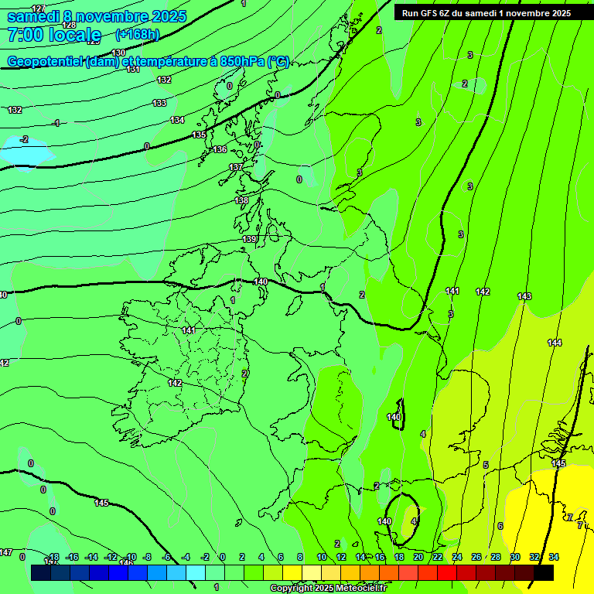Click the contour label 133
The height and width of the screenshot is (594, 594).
click(x=159, y=103)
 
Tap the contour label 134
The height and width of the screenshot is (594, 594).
click(x=178, y=120)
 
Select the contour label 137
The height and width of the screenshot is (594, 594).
click(x=236, y=167)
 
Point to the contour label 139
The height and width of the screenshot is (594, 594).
click(x=249, y=240)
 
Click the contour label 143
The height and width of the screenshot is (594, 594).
click(x=524, y=296)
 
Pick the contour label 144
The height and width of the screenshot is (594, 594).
click(x=555, y=343)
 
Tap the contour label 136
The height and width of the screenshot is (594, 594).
click(x=220, y=149)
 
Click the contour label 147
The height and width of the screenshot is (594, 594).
click(x=5, y=552)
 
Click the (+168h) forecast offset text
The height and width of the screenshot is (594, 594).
click(x=137, y=34)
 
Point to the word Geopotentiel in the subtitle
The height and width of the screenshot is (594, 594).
click(x=46, y=62)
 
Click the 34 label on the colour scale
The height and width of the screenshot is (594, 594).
click(x=554, y=557)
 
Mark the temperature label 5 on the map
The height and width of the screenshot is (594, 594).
click(x=486, y=465)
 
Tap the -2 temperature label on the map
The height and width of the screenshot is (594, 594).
click(x=25, y=139)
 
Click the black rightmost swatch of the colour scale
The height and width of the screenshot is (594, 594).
click(x=544, y=572)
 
